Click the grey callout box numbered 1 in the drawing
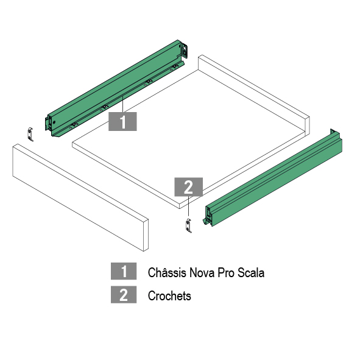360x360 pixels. (x=122, y=121)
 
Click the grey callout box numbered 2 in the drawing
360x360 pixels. (x=188, y=187)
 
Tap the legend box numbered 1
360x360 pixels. (x=124, y=271)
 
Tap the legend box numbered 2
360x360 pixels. (x=124, y=295)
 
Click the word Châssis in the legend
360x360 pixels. (x=167, y=272)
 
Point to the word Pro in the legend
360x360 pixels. (x=226, y=273)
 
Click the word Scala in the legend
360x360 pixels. (x=251, y=272)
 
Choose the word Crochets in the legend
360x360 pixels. (x=169, y=295)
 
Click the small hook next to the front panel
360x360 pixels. (x=30, y=135)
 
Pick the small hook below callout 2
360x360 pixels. (x=188, y=226)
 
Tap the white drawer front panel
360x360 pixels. (x=80, y=197)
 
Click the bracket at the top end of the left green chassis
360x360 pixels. (x=185, y=51)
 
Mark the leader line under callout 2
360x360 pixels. (x=188, y=206)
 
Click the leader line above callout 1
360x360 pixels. (x=123, y=104)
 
